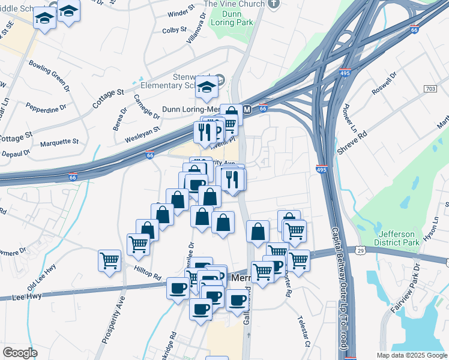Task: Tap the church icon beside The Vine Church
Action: tap(274, 4)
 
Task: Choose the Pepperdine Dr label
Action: tap(46, 108)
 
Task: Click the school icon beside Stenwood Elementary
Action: tap(220, 79)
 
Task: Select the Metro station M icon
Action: tap(247, 109)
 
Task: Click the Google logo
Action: tap(20, 353)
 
